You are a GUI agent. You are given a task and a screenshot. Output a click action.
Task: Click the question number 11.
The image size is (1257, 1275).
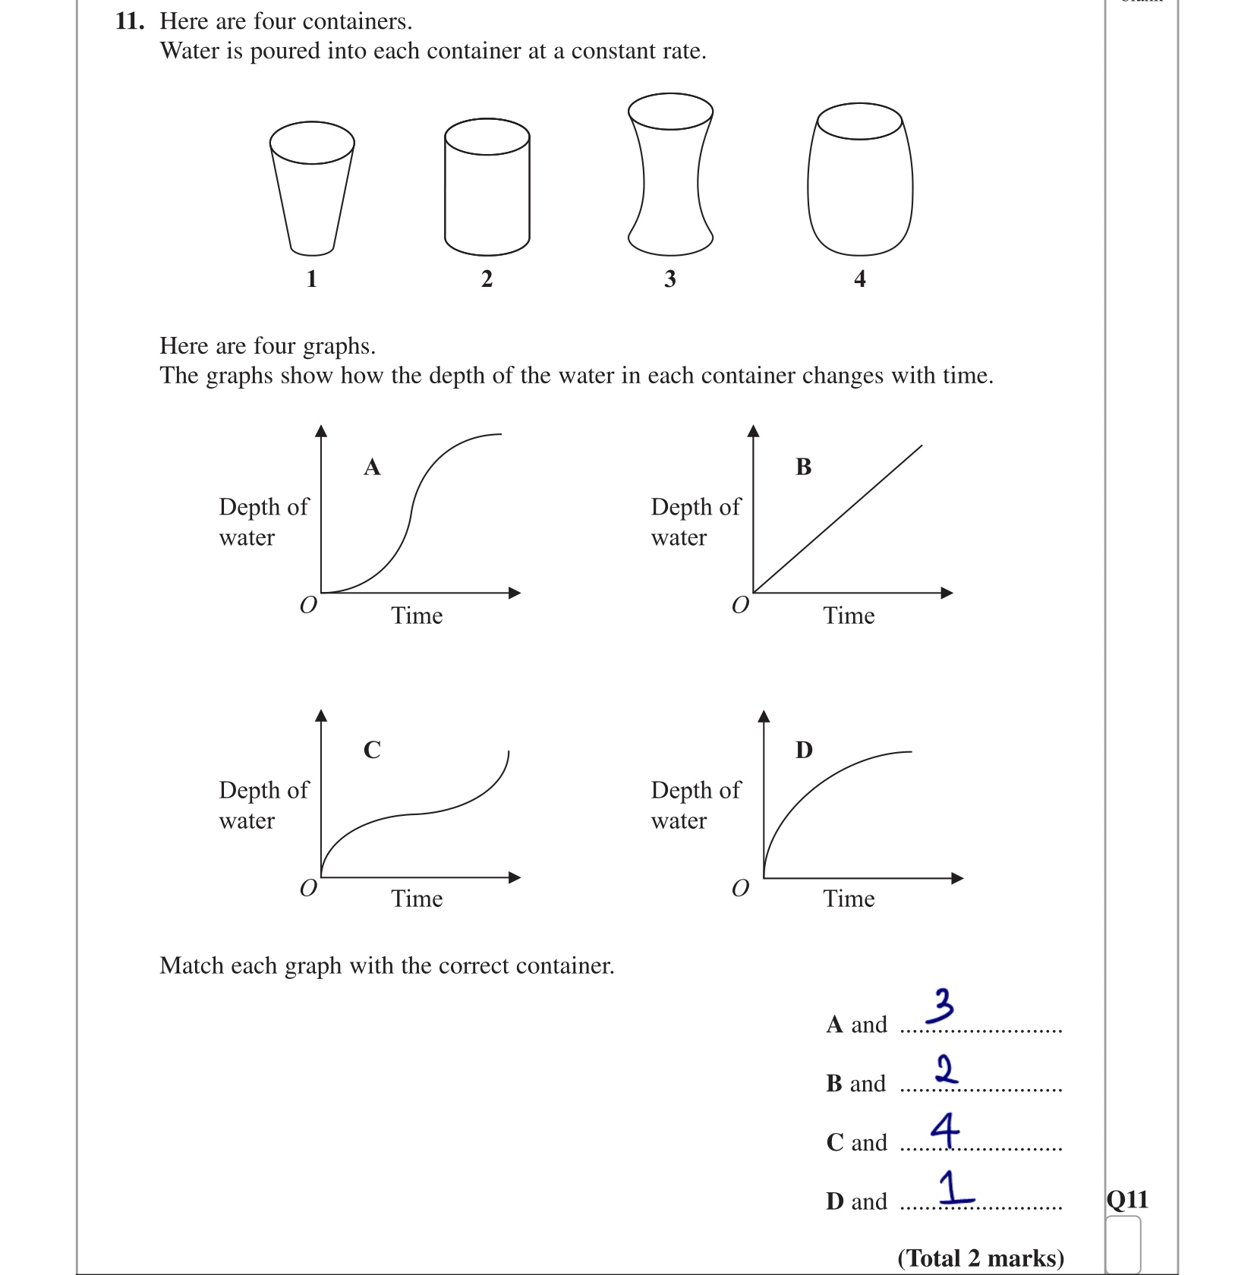[129, 21]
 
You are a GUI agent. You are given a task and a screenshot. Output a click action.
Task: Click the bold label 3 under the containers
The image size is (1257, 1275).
[669, 279]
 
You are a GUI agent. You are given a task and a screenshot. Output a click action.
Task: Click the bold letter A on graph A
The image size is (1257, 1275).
[372, 467]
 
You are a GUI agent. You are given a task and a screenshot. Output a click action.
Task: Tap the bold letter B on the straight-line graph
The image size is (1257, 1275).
[804, 467]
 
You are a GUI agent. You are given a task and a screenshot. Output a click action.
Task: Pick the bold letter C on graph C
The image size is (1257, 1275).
[372, 750]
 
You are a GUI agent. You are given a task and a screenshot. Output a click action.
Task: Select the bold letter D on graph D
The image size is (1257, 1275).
[804, 750]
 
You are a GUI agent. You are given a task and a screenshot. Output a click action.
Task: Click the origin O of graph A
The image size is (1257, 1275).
[308, 605]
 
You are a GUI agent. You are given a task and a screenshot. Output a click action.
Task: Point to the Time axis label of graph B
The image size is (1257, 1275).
[849, 615]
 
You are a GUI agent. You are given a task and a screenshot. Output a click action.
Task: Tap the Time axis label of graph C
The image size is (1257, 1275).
[417, 899]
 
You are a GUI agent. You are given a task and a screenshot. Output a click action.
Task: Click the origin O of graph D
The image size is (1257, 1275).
[740, 888]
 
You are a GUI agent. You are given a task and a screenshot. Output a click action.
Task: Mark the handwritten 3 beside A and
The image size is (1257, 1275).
[941, 1006]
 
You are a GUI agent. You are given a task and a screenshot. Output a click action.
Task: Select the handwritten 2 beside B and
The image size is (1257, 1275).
[946, 1069]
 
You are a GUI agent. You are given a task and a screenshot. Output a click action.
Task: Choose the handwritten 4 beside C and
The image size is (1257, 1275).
[945, 1130]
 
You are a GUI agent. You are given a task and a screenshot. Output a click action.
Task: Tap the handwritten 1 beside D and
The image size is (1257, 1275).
[953, 1188]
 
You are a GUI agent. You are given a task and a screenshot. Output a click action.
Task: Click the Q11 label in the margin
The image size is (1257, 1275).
[1127, 1200]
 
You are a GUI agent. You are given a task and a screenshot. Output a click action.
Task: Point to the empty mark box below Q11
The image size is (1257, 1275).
[1123, 1245]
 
